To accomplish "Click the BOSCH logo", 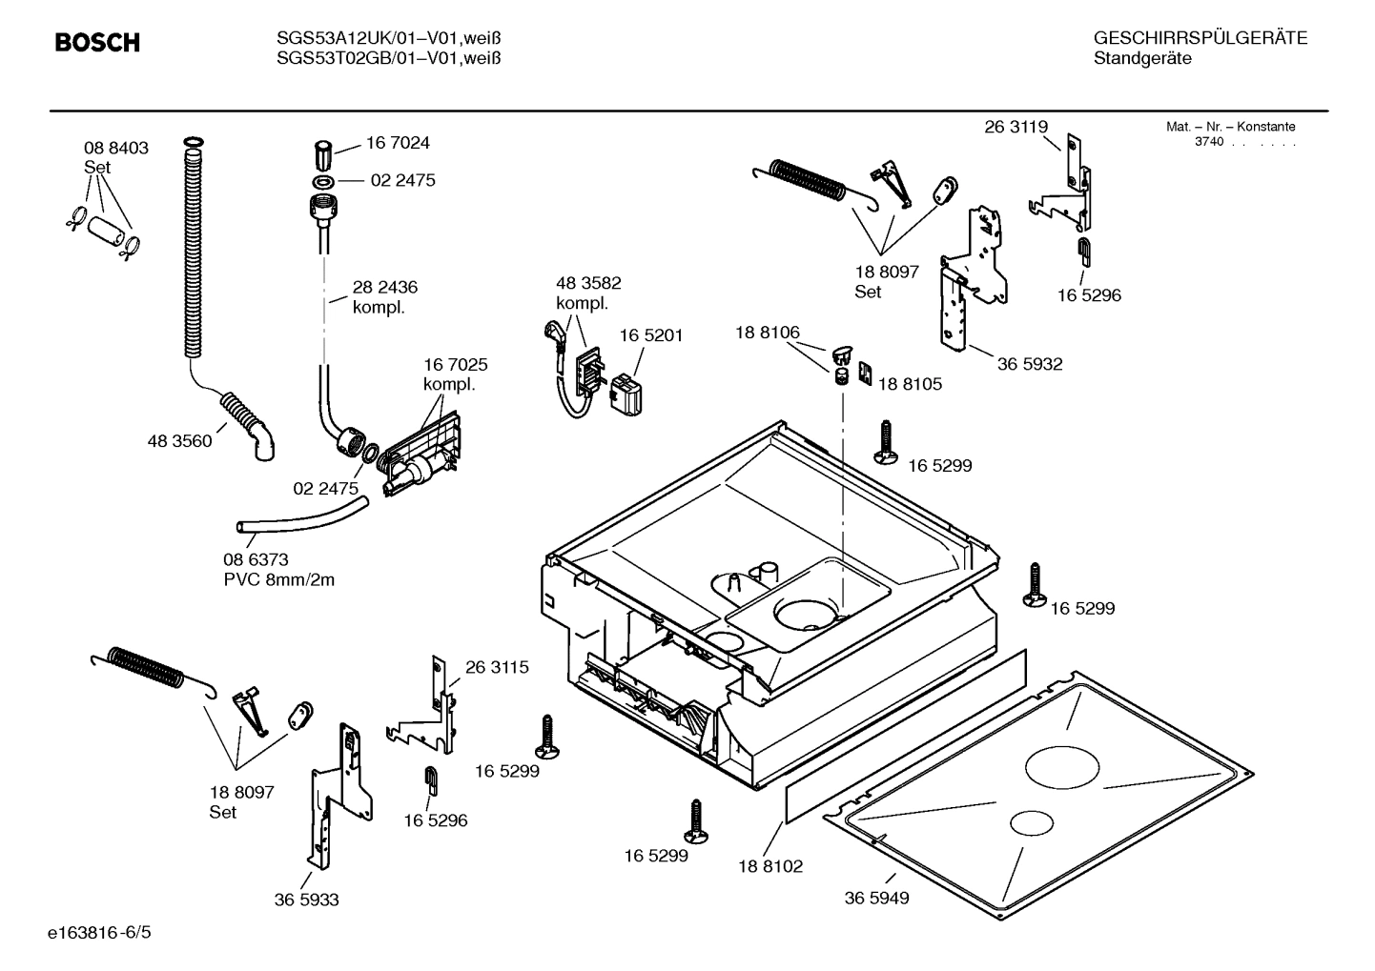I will (x=97, y=43).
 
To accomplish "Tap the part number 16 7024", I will (x=398, y=143).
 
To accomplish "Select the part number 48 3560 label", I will (x=179, y=441).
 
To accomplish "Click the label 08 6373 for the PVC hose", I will (x=256, y=559).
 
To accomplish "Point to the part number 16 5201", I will (x=651, y=335).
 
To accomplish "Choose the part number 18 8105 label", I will (x=910, y=384).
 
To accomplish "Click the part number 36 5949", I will (x=876, y=898).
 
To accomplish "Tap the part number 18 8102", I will (x=770, y=866).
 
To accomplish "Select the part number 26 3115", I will (x=497, y=667).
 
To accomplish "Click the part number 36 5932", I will (x=1030, y=364).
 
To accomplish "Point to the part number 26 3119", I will (x=1016, y=127).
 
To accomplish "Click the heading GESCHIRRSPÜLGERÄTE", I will (x=1200, y=38).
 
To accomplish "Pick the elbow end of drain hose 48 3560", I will (x=264, y=442).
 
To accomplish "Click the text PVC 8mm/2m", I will (x=279, y=579).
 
